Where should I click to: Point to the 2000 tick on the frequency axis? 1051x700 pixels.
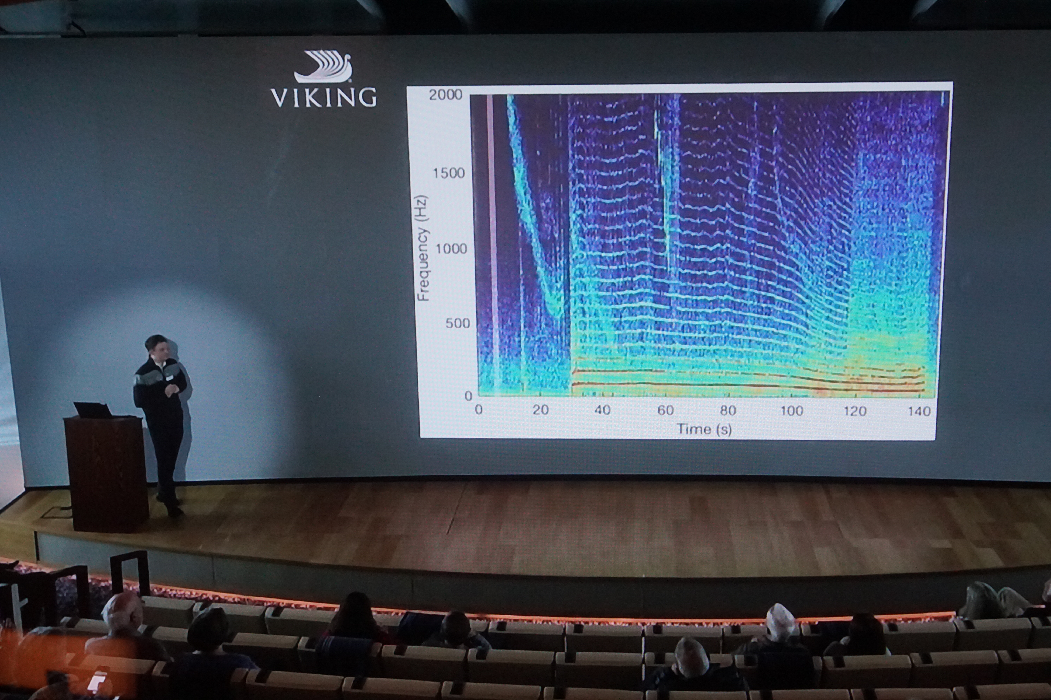coord(445,95)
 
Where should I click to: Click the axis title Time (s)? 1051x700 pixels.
coord(704,429)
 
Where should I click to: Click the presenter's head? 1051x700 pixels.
coord(156,347)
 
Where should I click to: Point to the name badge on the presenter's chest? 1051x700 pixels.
coord(169,378)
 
